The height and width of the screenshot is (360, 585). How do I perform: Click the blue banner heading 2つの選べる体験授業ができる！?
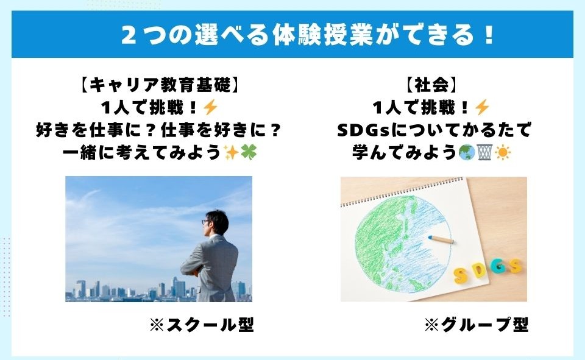tap(308, 35)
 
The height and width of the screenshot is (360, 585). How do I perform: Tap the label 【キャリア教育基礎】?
tap(158, 85)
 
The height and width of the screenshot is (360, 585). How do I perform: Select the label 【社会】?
tap(431, 85)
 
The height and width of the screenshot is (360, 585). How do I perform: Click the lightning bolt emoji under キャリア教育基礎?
tap(210, 108)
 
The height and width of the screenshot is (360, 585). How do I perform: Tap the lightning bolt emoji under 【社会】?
tap(481, 108)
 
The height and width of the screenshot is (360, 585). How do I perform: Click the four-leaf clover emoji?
tap(249, 152)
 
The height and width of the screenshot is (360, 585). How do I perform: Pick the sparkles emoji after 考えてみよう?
tap(231, 152)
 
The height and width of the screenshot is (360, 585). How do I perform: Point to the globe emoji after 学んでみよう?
tap(467, 152)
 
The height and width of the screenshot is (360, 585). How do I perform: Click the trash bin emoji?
tap(484, 152)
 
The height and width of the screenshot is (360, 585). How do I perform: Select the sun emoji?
tap(503, 152)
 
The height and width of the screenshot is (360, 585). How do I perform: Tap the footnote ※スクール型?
tap(202, 325)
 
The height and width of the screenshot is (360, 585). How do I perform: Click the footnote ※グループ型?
tap(477, 325)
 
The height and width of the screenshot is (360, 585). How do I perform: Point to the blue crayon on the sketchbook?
tap(441, 239)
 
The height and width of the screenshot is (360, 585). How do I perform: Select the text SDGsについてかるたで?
tap(434, 130)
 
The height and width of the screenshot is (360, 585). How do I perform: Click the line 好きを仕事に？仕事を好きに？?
tap(158, 130)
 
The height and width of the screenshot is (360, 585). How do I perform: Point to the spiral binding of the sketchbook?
tap(402, 192)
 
